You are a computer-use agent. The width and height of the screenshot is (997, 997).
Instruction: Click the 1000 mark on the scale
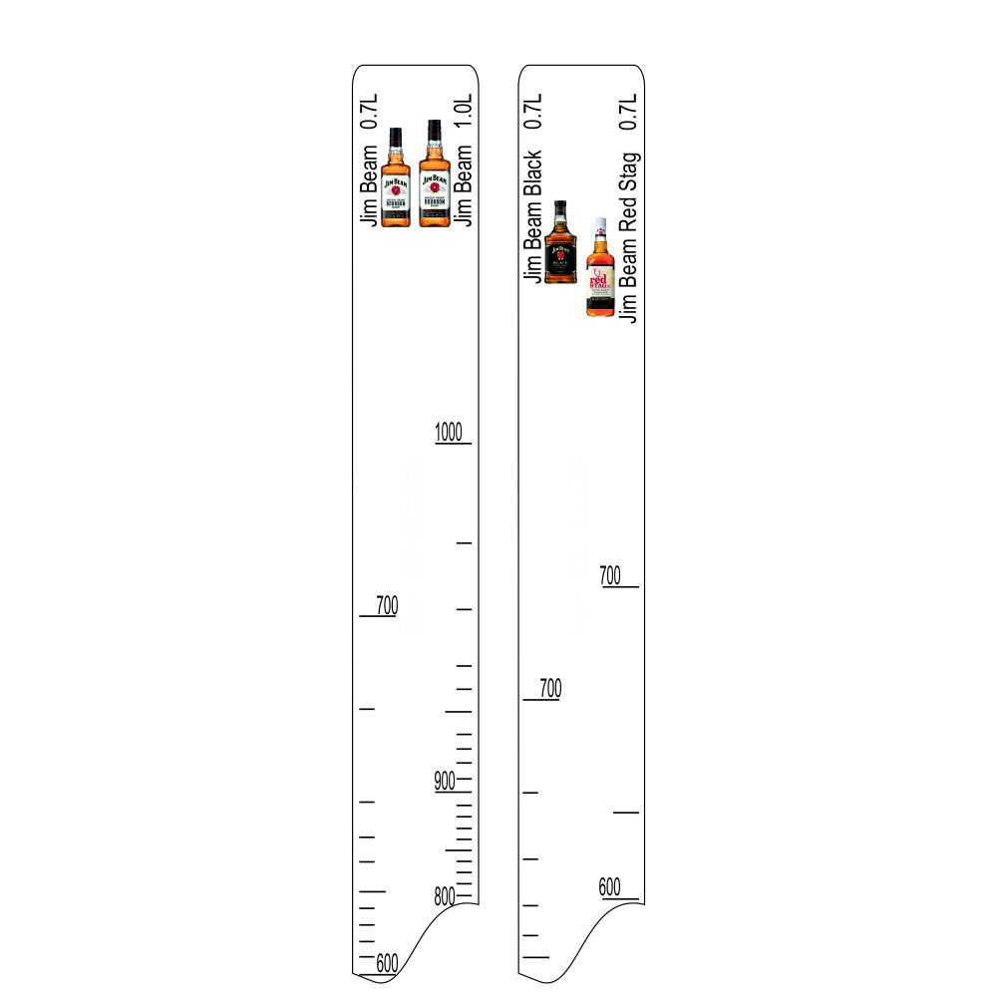click(449, 432)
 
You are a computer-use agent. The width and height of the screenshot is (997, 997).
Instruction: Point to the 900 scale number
click(445, 781)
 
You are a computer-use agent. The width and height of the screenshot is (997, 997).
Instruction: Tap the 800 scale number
click(445, 896)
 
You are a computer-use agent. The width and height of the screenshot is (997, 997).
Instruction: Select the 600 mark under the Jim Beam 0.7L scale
click(387, 963)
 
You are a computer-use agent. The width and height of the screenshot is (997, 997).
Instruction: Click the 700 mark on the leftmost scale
click(387, 605)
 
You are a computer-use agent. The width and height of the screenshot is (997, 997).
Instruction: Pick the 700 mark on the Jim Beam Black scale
click(550, 688)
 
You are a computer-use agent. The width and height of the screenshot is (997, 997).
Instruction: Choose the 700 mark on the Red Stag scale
click(610, 575)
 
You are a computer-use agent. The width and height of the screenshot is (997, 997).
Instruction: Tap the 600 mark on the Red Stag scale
click(610, 886)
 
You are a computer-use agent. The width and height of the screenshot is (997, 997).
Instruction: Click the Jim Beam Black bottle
click(560, 241)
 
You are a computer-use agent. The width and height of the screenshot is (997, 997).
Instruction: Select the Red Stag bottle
click(600, 267)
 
